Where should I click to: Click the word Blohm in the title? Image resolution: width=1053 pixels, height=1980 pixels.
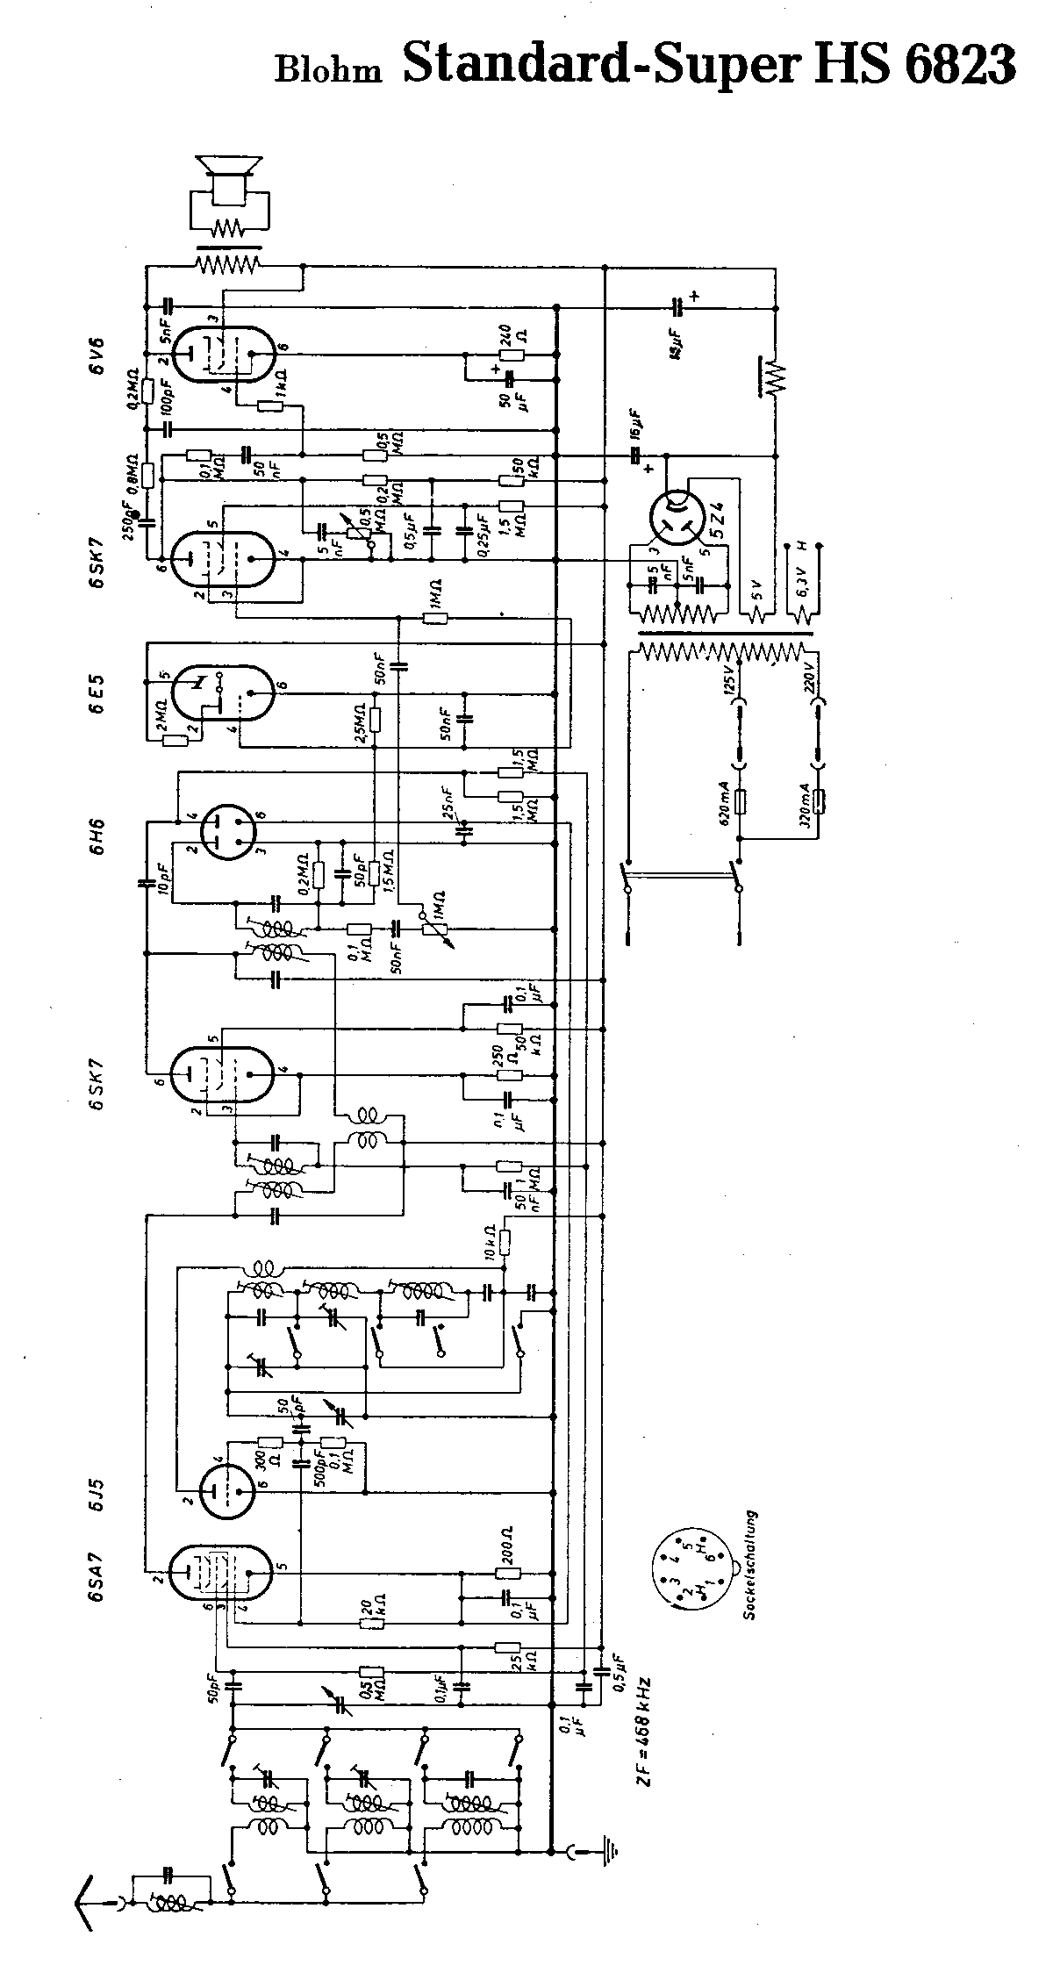coord(328,68)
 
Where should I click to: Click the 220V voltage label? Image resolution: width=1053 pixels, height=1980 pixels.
coord(812,676)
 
